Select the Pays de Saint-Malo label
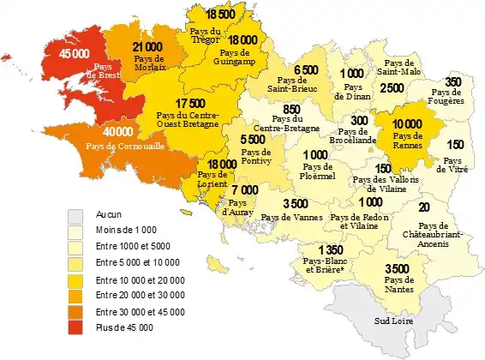399,68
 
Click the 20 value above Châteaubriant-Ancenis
425,207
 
